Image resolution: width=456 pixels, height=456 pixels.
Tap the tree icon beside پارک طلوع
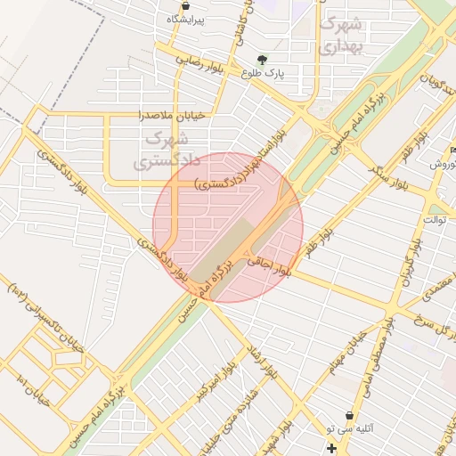261,60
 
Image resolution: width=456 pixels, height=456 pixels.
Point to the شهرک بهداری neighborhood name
342,33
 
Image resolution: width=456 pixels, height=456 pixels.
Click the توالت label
436,219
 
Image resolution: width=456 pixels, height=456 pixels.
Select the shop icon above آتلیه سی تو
359,415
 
